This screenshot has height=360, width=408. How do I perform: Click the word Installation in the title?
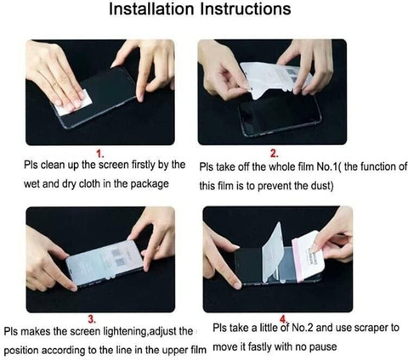(x=152, y=9)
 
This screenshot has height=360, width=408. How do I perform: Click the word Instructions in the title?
(x=246, y=9)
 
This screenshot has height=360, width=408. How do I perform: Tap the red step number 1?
(x=100, y=154)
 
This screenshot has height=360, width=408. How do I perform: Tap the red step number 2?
(x=275, y=154)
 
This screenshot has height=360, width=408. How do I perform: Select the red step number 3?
(x=92, y=319)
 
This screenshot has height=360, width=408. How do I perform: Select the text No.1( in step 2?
(x=329, y=166)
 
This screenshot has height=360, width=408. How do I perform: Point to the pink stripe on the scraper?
(x=298, y=261)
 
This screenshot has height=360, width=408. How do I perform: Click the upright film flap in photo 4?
(x=273, y=252)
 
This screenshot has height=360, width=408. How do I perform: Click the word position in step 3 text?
(x=22, y=351)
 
